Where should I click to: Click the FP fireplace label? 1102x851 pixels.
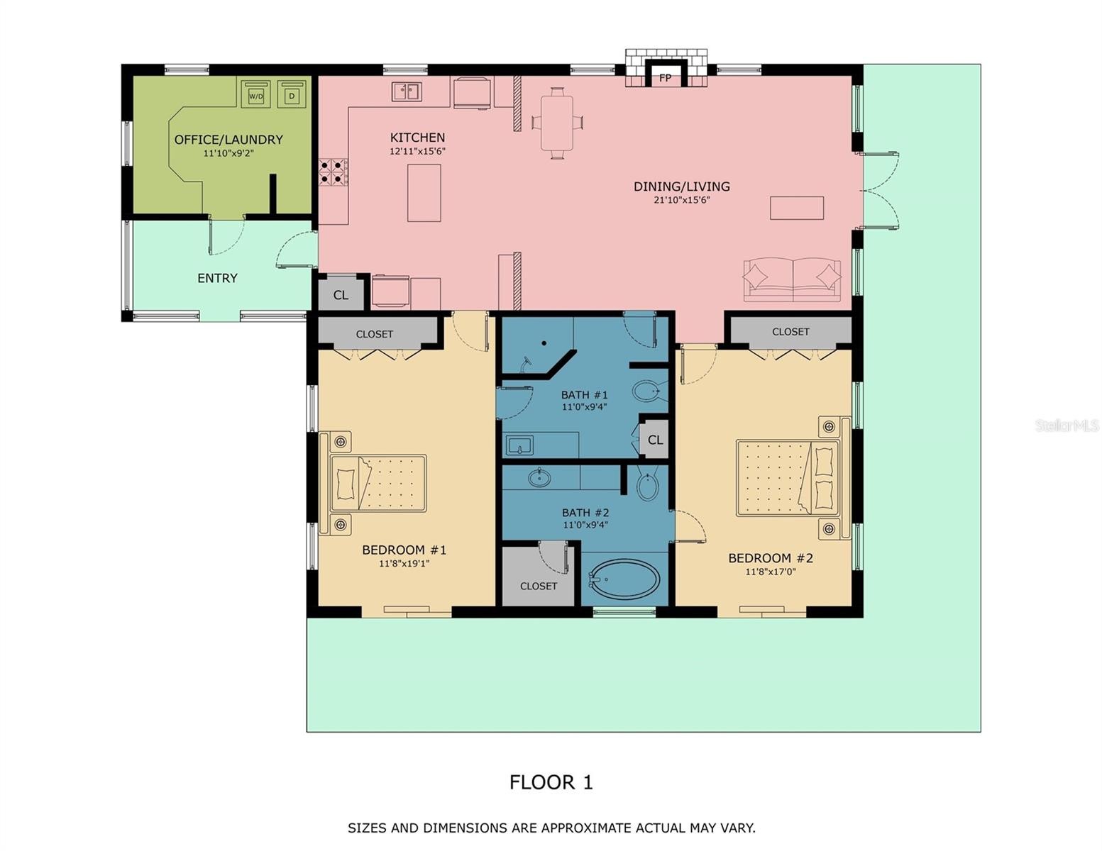point(665,78)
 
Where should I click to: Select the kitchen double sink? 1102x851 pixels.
point(407,91)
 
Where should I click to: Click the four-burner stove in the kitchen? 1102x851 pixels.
point(334,172)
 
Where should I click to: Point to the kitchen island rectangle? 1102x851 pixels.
point(424,193)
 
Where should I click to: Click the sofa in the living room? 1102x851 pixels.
point(792,280)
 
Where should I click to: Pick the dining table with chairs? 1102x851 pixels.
point(557,123)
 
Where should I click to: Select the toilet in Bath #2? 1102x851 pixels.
point(647,485)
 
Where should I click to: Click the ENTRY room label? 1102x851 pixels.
point(217,278)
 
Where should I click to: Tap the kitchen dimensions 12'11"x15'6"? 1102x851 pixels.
point(417,152)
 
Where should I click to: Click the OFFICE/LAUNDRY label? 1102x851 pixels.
point(228,140)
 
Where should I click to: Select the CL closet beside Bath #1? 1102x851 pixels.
point(655,440)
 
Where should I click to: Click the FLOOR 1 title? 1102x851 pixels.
point(551,782)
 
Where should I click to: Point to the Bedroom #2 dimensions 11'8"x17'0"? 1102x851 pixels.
point(771,572)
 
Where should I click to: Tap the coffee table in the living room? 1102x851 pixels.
point(797,208)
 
